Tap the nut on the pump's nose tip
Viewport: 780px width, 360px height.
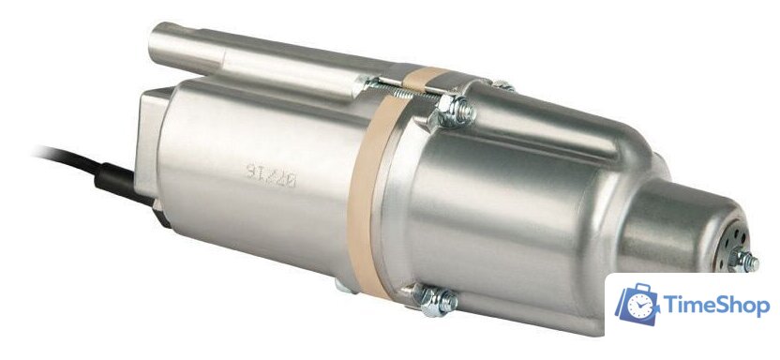pyautogui.click(x=745, y=260)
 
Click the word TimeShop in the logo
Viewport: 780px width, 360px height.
pyautogui.click(x=716, y=306)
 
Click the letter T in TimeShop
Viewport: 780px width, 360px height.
pyautogui.click(x=670, y=305)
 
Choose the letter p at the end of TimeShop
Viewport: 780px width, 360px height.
pyautogui.click(x=763, y=308)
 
